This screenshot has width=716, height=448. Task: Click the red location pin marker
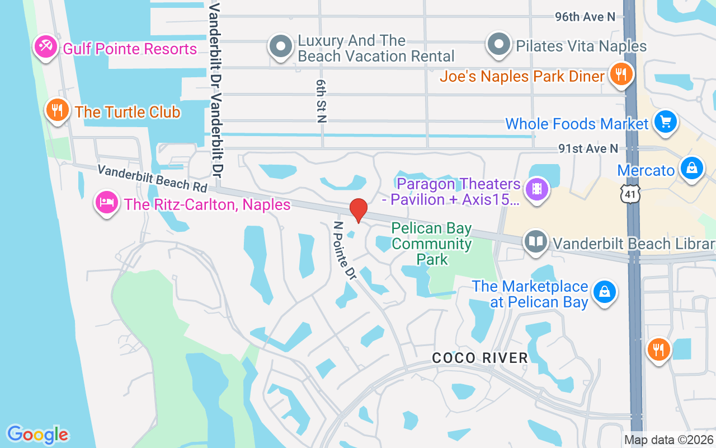tap(358, 211)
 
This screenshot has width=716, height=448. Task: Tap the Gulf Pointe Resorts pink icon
tap(45, 46)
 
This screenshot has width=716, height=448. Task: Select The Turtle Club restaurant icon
tap(56, 110)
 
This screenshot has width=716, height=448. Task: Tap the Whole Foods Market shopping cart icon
tap(665, 122)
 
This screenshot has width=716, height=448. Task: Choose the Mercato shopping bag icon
tap(691, 167)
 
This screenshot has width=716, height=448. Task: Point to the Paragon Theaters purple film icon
tap(537, 189)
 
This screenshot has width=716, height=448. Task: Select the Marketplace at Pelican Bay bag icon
tap(604, 292)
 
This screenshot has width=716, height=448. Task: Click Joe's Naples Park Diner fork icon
tap(620, 74)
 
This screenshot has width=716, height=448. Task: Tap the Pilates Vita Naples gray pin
tap(498, 44)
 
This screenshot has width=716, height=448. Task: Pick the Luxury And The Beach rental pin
tap(281, 46)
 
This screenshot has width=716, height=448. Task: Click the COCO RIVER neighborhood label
tap(480, 358)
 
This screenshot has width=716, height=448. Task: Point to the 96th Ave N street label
tap(585, 17)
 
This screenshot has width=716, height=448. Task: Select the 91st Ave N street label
tap(588, 148)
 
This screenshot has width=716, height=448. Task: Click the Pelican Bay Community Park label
tap(432, 244)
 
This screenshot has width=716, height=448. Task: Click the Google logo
tap(38, 435)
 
